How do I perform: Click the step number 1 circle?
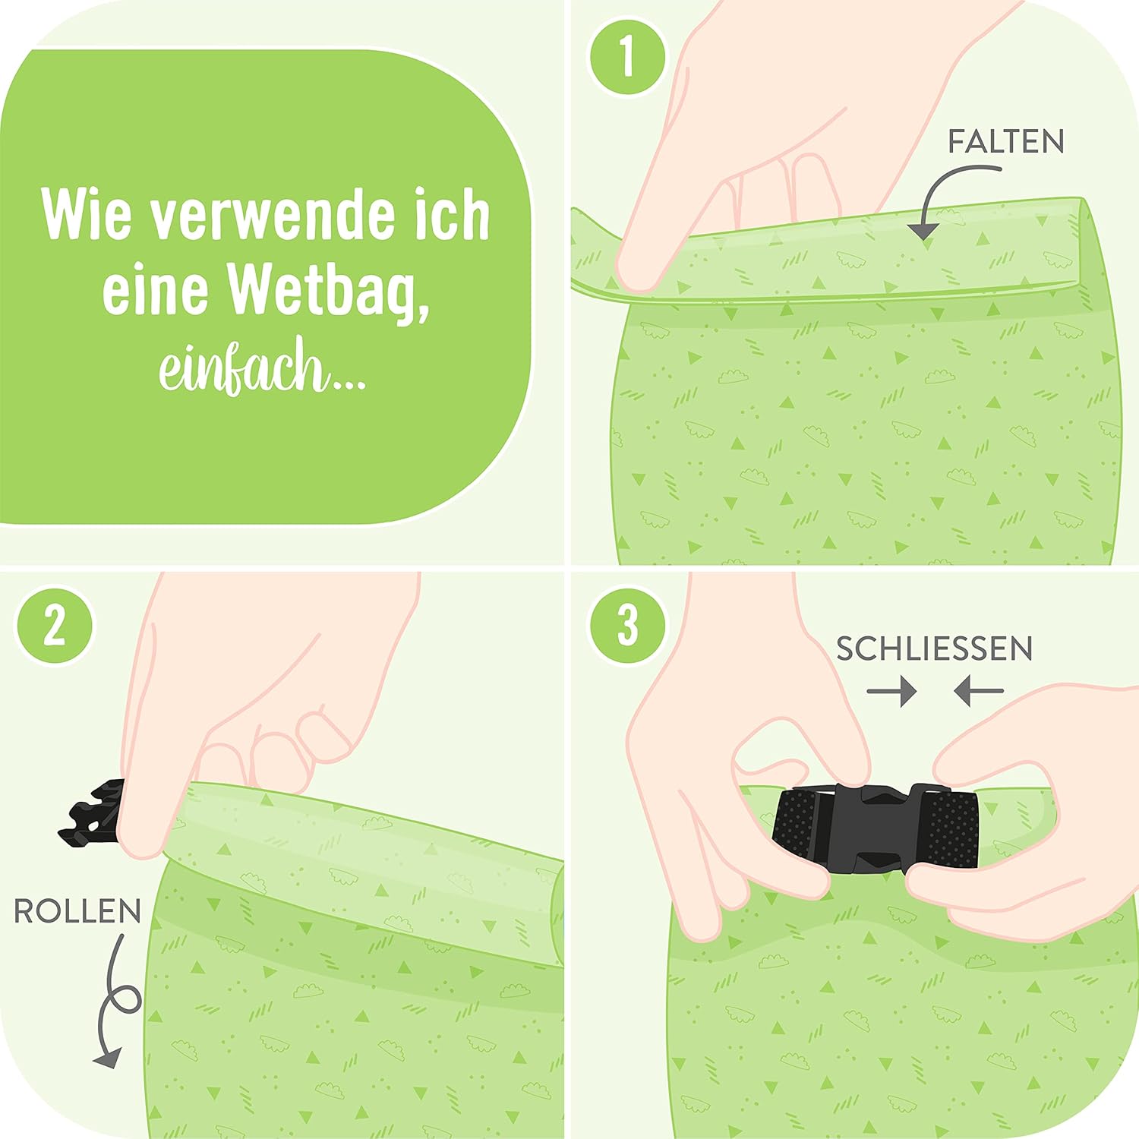(627, 56)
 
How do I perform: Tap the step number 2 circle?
(54, 626)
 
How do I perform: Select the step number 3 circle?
(627, 626)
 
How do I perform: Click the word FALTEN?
(1005, 142)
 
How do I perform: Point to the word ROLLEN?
(77, 911)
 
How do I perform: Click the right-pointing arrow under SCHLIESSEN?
(891, 691)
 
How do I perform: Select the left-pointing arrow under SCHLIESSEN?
(980, 691)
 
